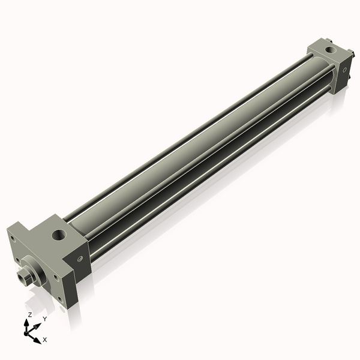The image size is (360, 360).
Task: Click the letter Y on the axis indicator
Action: (x=44, y=319)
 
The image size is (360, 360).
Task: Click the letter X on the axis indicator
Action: (x=45, y=340)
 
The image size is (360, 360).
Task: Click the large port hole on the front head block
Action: (x=60, y=233)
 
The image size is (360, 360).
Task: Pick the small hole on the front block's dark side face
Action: (x=80, y=259)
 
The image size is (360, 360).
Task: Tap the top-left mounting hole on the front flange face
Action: (x=12, y=238)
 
